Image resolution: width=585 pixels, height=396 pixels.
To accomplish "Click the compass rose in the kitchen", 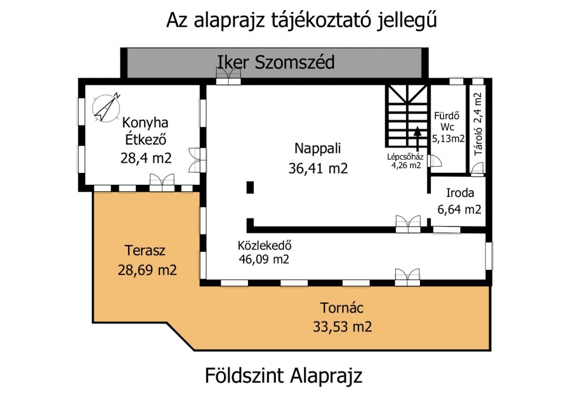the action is click(x=106, y=108).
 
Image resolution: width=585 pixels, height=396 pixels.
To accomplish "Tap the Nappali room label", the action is click(x=318, y=148).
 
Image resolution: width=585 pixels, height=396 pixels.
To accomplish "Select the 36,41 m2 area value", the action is click(x=318, y=168).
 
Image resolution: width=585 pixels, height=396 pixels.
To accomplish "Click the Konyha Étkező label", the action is click(x=146, y=131).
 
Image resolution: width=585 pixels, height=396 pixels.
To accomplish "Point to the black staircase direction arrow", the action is click(x=418, y=139).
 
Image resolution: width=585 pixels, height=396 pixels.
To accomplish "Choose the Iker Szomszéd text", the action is click(x=276, y=62).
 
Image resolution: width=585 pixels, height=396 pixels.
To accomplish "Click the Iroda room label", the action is click(x=460, y=193).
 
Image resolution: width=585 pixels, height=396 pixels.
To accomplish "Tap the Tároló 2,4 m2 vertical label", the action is click(x=478, y=124).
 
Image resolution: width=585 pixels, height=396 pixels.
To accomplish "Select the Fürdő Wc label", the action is click(x=447, y=122).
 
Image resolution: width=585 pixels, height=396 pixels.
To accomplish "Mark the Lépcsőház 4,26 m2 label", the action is click(x=406, y=161).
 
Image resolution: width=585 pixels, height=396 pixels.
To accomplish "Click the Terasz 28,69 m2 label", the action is click(x=147, y=260).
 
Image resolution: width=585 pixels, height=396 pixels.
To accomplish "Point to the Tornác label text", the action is click(x=342, y=308).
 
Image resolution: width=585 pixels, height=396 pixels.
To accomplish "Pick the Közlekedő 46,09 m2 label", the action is click(x=264, y=252).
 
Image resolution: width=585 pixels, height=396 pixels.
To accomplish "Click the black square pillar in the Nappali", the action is click(x=250, y=187).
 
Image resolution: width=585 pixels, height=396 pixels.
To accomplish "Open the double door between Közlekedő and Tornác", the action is click(x=407, y=277).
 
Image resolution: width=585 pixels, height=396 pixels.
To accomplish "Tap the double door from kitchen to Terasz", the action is click(x=162, y=183).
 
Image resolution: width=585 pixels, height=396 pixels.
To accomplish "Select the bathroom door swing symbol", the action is click(x=435, y=161).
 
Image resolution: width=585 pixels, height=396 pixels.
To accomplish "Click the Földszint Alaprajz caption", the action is click(x=283, y=375).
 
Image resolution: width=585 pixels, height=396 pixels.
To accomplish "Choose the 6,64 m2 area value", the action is click(x=459, y=210).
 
